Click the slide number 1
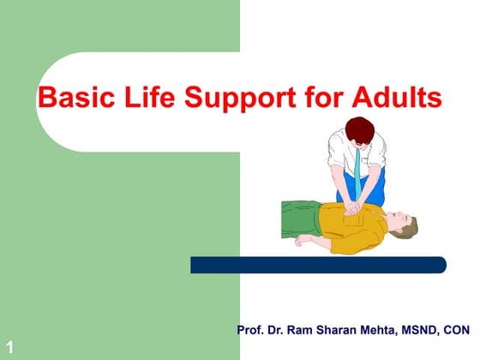coord(9,346)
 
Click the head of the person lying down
coord(402,226)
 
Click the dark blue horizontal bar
coord(317,265)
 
